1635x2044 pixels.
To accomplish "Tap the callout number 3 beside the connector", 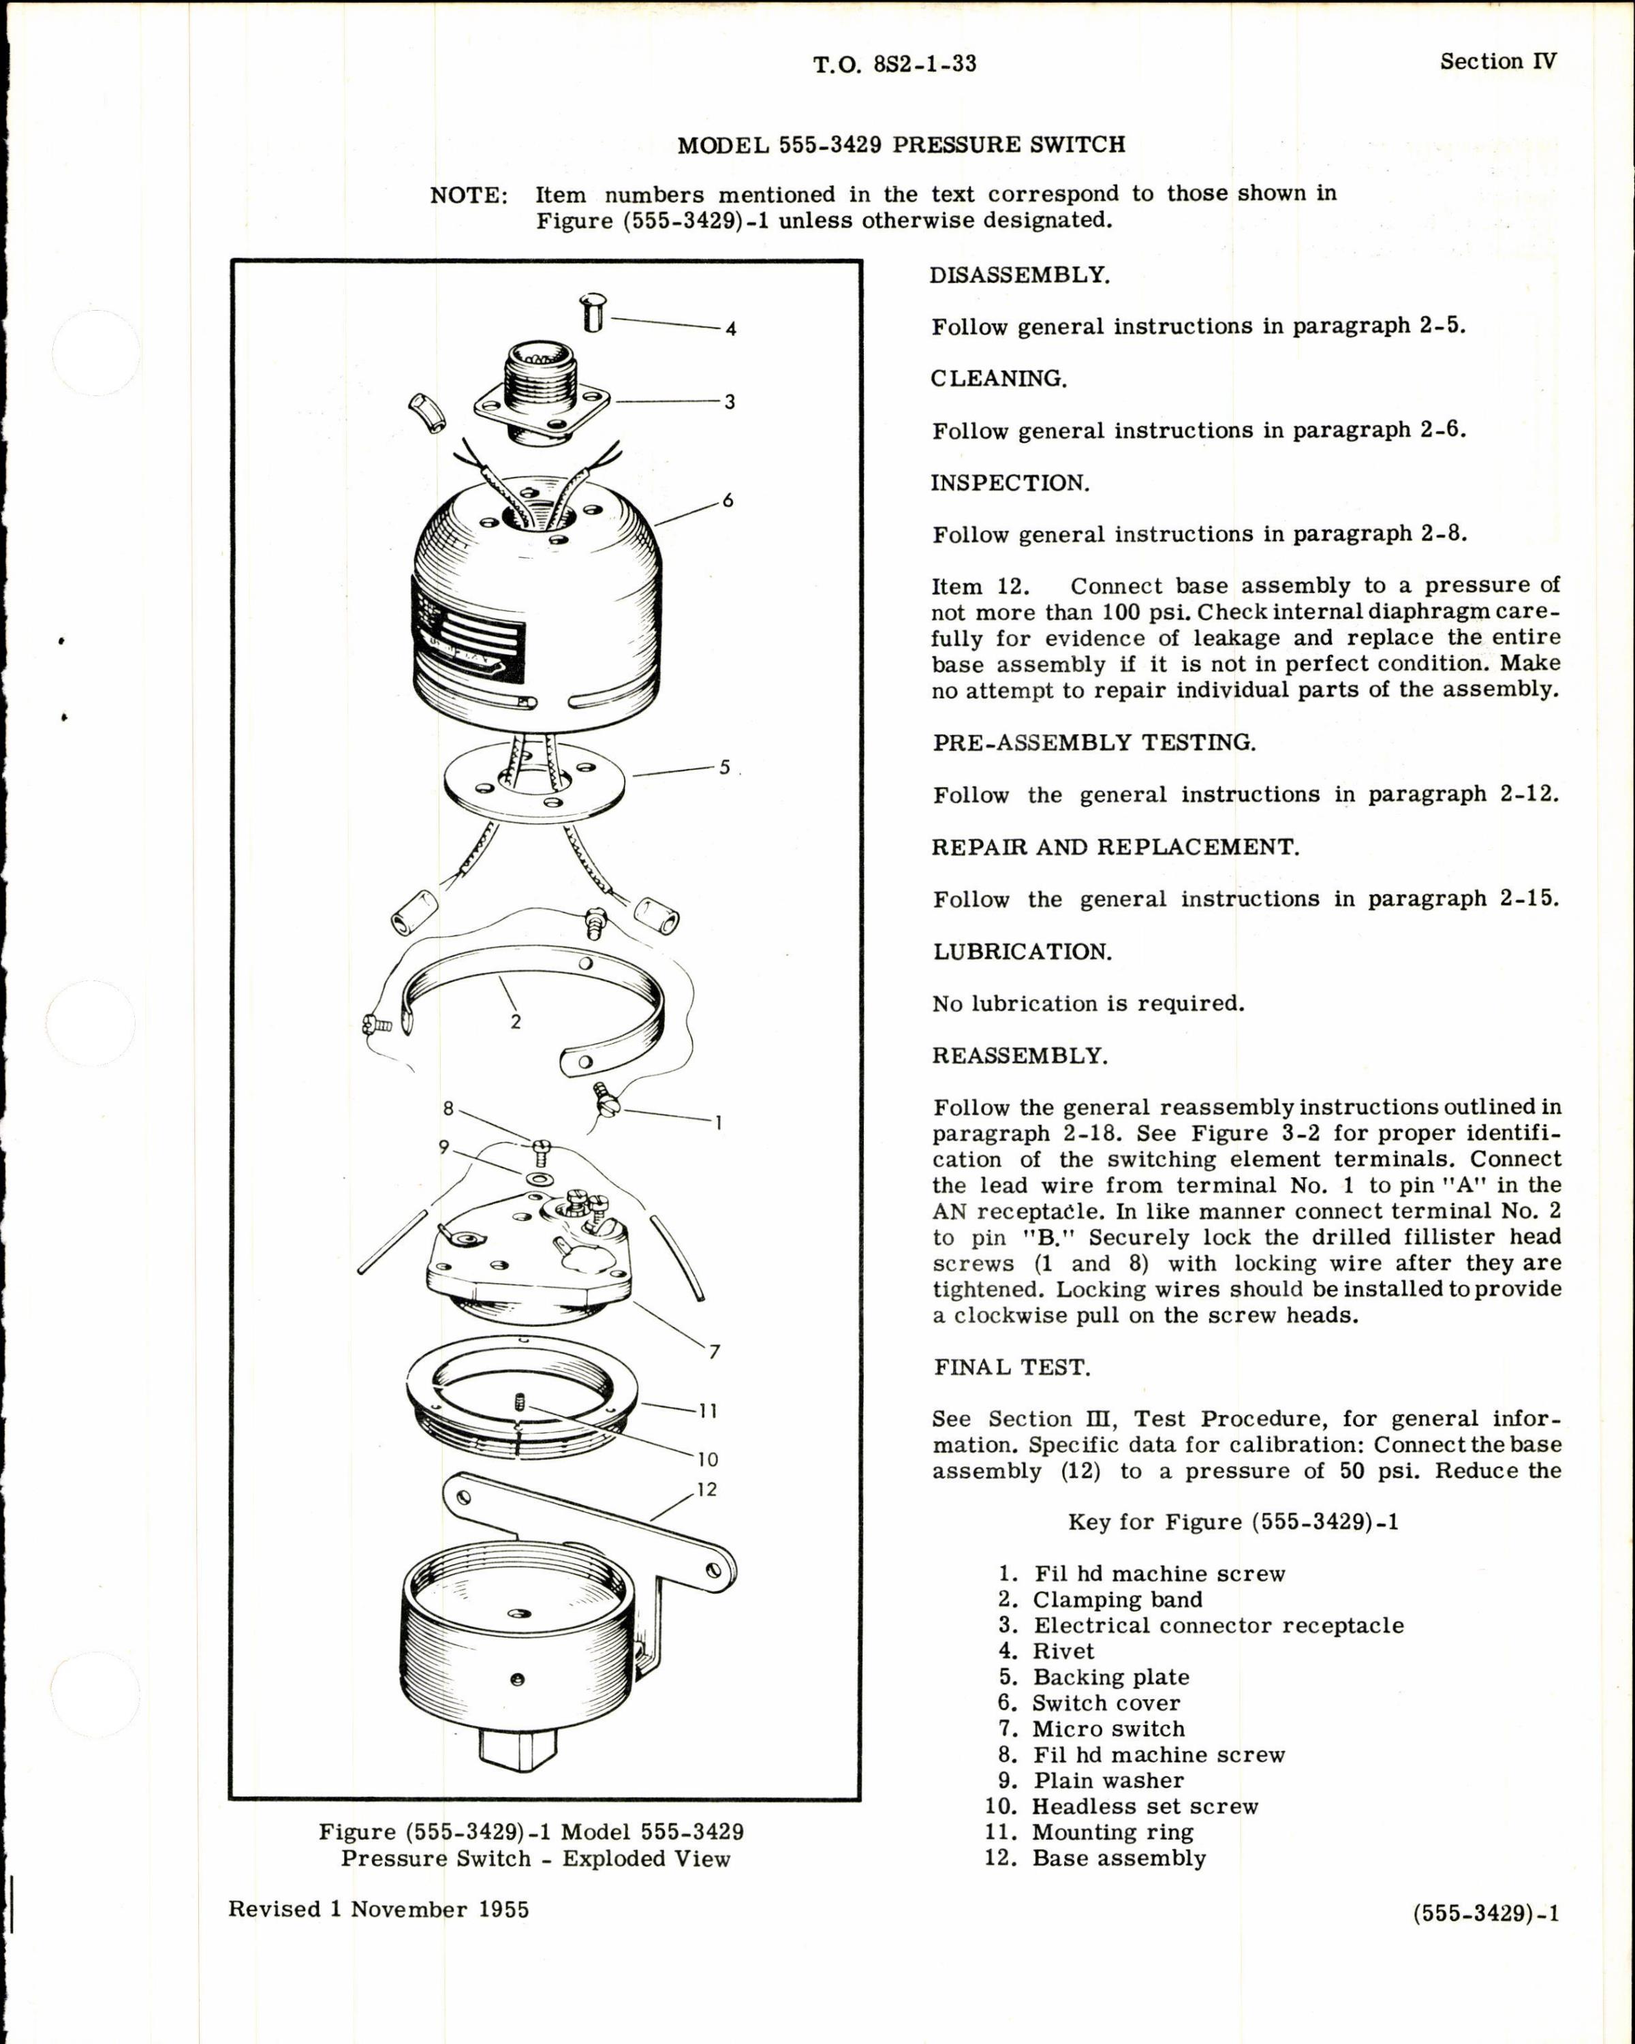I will coord(729,402).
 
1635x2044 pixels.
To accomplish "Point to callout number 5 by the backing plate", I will coord(724,767).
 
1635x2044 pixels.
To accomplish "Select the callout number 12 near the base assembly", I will coord(706,1489).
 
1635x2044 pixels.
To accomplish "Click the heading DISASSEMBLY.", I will coord(1019,275).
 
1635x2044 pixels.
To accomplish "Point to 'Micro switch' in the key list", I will coord(1108,1729).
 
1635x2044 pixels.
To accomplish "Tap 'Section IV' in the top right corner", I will coord(1497,61).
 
